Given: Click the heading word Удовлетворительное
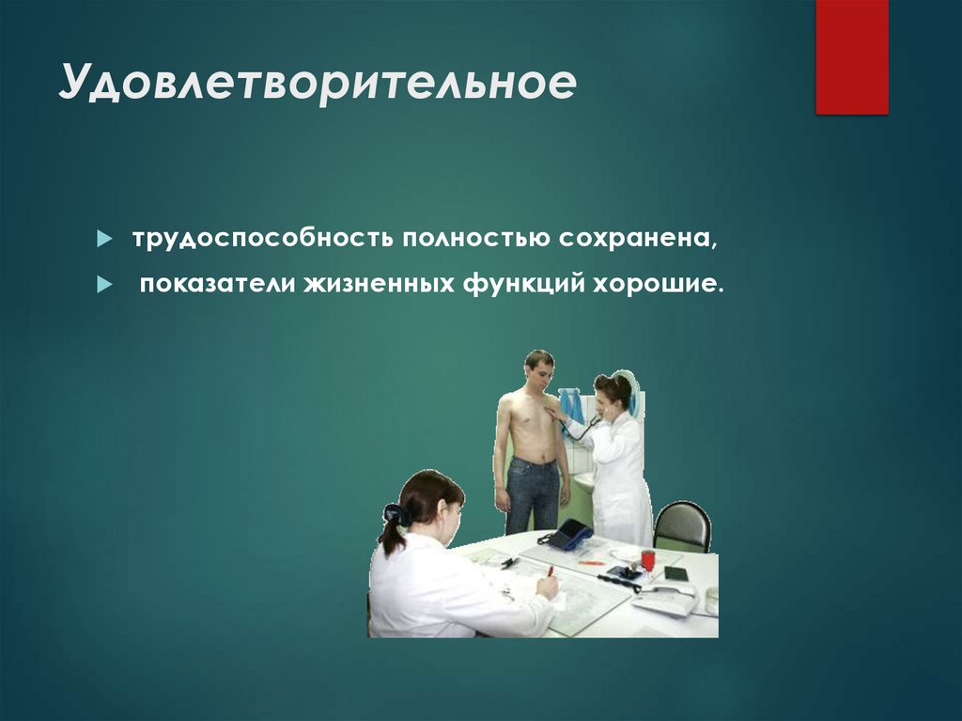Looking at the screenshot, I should point(317,85).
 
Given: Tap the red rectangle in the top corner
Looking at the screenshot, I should point(851,56).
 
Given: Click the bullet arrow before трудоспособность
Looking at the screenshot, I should point(105,240).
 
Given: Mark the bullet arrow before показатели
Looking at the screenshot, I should point(105,284).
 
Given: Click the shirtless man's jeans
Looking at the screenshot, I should point(532,494).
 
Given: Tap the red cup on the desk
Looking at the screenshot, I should point(648,560).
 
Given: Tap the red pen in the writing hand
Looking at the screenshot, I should point(550,571).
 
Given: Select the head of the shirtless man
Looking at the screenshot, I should point(539,370).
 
